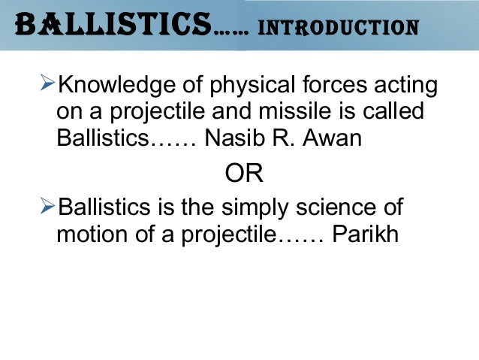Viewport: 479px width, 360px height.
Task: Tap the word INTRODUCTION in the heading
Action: pyautogui.click(x=337, y=28)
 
